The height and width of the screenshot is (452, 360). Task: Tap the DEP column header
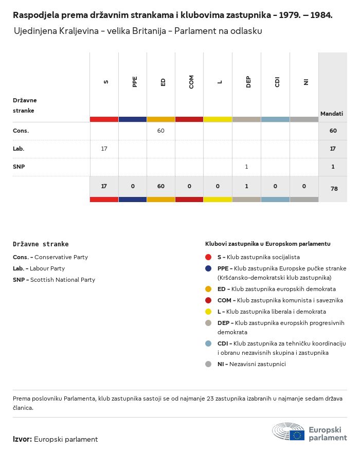coord(248,82)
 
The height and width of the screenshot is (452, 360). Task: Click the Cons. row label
coord(21,131)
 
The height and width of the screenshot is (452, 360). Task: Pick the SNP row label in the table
coord(19,167)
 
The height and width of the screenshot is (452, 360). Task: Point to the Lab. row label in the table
coord(19,149)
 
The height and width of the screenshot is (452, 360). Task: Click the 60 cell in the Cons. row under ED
coord(160,131)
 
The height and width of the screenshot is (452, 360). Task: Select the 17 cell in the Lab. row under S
coord(104,149)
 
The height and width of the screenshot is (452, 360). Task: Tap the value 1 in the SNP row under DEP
coord(246,167)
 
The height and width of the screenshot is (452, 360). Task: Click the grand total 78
coord(334,189)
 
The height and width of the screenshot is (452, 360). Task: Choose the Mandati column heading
coord(332,113)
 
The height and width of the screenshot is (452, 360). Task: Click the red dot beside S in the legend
coord(208,257)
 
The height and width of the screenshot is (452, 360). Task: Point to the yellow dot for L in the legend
coord(208,311)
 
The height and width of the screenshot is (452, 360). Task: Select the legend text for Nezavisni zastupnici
coord(251,364)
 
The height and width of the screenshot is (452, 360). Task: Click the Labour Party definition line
coord(39,268)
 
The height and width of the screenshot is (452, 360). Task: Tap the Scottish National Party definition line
coord(54,280)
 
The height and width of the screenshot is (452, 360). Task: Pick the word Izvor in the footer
coord(22,439)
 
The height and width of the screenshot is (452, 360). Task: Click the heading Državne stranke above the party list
coord(41,244)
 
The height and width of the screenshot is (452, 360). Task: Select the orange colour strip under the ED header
coord(160,119)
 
